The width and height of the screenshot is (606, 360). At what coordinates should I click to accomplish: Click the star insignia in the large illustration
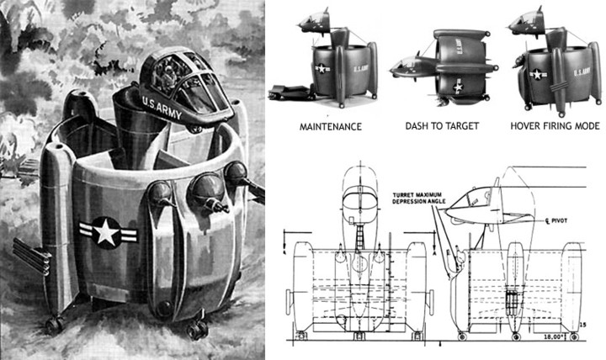point(105,230)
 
